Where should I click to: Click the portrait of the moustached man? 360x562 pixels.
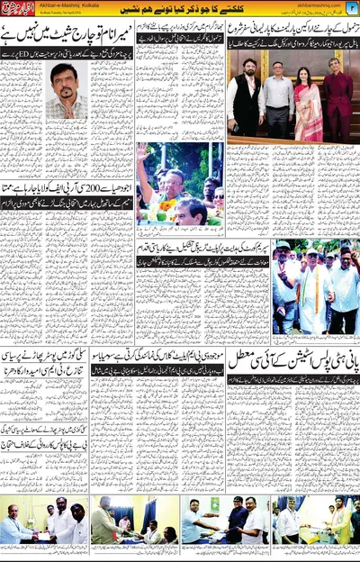pyautogui.click(x=67, y=93)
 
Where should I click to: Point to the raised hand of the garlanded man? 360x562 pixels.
pyautogui.click(x=143, y=152)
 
